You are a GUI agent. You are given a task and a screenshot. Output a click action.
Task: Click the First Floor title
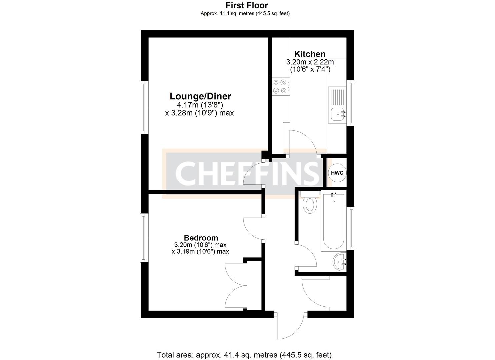pos(247,5)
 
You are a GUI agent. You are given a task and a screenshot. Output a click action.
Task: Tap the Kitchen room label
pos(310,54)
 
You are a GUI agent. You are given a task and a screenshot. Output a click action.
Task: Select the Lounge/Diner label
pos(200,96)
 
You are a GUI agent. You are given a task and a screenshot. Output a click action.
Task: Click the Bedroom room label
pos(201,238)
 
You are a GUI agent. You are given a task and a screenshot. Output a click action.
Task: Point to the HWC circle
pos(337,173)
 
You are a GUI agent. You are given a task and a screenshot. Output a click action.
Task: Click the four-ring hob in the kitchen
pos(280,86)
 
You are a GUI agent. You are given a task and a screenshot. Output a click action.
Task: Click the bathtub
pos(333,221)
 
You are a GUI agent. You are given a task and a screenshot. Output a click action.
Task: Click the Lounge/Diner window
pos(143,107)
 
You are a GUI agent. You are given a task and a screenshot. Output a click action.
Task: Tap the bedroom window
pos(143,237)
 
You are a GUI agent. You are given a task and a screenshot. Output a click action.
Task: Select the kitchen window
pos(351,103)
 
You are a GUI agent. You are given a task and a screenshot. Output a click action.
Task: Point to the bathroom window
pos(351,228)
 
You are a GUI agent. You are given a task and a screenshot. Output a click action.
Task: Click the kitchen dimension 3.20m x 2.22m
pos(310,62)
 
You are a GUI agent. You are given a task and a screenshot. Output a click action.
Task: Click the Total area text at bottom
pos(244,355)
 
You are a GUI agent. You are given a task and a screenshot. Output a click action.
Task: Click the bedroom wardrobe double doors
pos(236,286)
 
